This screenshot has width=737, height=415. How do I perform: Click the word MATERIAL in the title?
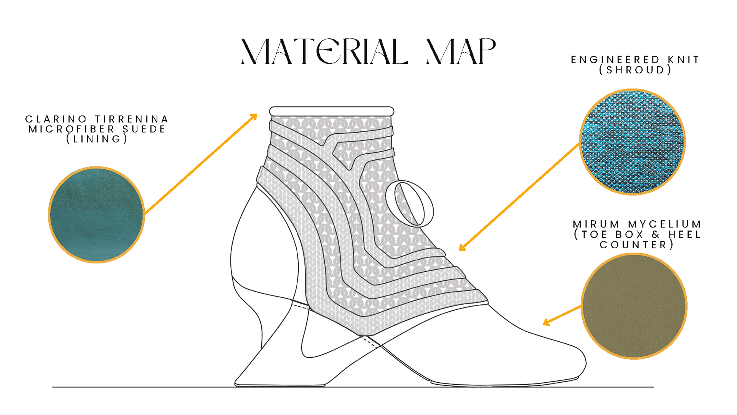[324, 51]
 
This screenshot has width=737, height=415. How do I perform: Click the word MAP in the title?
[461, 51]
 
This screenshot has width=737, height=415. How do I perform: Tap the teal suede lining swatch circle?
[96, 215]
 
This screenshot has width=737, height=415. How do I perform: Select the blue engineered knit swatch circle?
[632, 142]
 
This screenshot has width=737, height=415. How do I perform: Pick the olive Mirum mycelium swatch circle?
[634, 306]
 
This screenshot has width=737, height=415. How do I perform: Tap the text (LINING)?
[97, 139]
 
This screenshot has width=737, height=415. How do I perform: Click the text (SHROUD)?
[635, 70]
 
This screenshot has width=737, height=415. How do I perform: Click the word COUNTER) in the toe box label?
[636, 245]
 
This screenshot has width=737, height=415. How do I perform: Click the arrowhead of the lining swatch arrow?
[254, 116]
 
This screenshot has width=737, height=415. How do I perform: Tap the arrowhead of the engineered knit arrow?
[462, 248]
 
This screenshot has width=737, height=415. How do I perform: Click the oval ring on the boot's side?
[410, 204]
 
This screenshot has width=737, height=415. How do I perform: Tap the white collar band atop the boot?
[332, 111]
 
